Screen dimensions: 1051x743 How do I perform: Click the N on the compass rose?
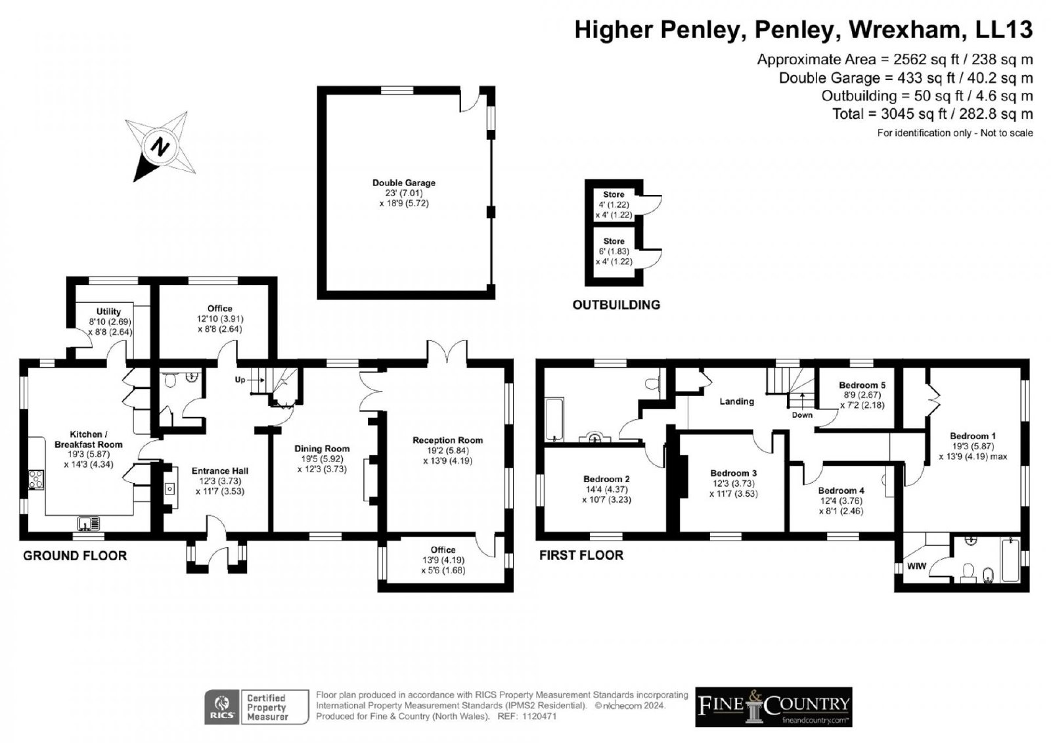[x=160, y=146]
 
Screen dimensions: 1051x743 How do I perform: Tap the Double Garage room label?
[x=404, y=183]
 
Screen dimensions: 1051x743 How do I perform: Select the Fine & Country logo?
[x=774, y=707]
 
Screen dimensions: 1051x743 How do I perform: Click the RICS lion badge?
[x=223, y=707]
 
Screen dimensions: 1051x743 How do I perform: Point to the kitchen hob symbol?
[x=36, y=479]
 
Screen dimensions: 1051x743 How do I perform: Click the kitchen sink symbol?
[x=89, y=523]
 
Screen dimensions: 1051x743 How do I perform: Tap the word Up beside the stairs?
[x=240, y=380]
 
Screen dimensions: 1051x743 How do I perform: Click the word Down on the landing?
[x=802, y=415]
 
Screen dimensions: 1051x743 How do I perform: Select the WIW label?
[x=916, y=566]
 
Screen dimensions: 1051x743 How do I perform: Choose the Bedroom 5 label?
[x=862, y=386]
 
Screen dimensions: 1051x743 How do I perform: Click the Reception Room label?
[x=447, y=440]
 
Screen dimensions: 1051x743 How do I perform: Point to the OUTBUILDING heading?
[x=616, y=305]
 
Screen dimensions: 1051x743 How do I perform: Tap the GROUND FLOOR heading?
[x=75, y=556]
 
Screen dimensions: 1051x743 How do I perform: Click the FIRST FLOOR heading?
[x=581, y=555]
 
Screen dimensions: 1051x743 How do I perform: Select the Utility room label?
[x=108, y=311]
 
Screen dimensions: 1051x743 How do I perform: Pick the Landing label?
[x=736, y=401]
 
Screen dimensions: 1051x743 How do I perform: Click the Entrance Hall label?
[x=220, y=471]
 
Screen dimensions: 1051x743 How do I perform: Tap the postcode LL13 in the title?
[x=1004, y=29]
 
